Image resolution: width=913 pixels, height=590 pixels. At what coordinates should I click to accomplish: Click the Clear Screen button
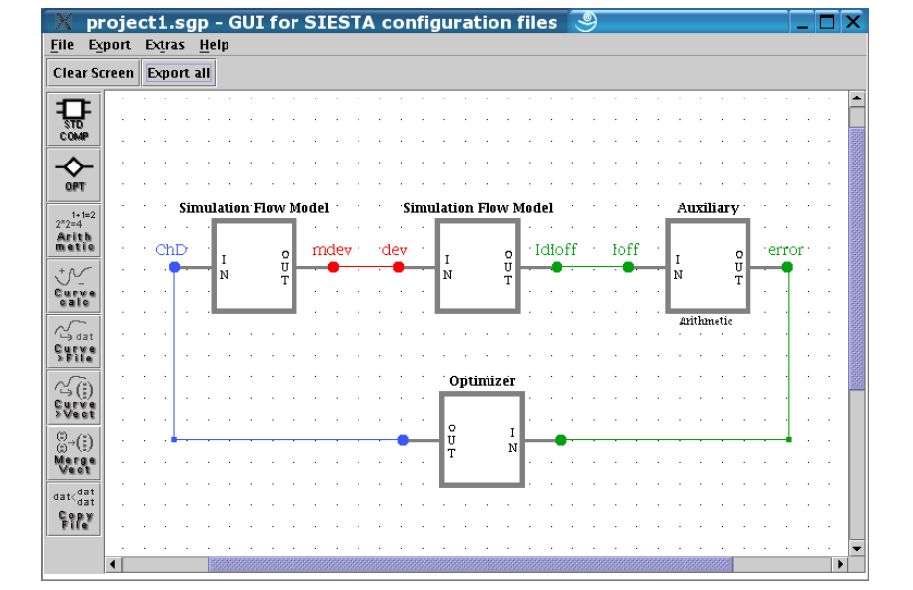[x=94, y=73]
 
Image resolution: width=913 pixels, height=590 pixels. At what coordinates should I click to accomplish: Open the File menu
[x=62, y=45]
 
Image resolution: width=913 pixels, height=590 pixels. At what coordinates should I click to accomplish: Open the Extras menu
[x=164, y=45]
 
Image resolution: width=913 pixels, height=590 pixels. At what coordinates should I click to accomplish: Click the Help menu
[x=214, y=45]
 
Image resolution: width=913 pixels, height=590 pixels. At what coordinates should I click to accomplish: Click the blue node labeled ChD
[x=175, y=267]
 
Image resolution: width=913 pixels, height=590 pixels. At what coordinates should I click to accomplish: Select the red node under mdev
[x=333, y=267]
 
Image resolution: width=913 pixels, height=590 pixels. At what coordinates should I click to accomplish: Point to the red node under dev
[x=398, y=267]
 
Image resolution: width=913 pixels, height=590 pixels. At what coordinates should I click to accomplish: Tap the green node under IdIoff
[x=556, y=267]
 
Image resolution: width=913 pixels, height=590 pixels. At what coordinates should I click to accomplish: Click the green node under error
[x=787, y=267]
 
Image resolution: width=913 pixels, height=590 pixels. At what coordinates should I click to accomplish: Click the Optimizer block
[x=482, y=439]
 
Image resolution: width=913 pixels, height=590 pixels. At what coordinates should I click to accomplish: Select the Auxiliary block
[x=707, y=266]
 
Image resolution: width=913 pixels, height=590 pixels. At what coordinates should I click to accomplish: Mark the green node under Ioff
[x=628, y=267]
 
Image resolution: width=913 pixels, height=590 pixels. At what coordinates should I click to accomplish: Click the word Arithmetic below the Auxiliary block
[x=706, y=321]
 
